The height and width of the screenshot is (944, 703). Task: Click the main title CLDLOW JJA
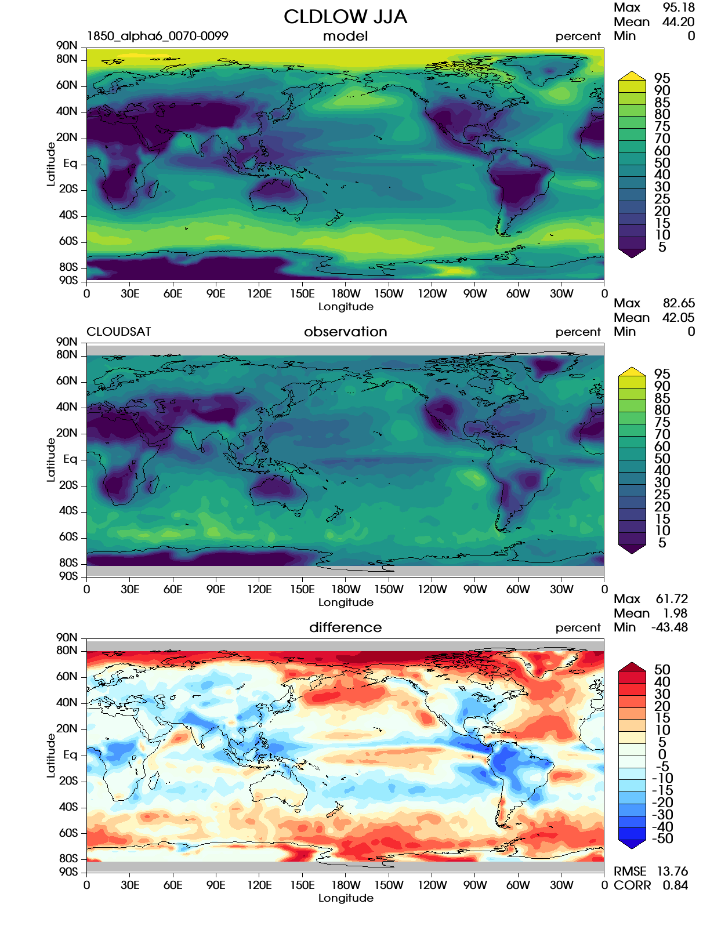tap(345, 17)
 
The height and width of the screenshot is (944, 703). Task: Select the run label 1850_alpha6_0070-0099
tap(157, 36)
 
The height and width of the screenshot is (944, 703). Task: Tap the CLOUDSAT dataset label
tap(119, 332)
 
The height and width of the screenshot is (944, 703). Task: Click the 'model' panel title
tap(345, 36)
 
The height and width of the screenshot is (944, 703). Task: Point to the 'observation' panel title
tap(345, 332)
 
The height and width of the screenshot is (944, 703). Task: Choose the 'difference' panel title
tap(345, 627)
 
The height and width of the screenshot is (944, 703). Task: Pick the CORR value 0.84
tap(675, 885)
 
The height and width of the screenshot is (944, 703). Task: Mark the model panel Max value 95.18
tap(678, 8)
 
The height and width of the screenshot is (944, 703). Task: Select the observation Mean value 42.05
tap(678, 318)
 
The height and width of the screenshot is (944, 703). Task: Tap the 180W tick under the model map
tap(346, 294)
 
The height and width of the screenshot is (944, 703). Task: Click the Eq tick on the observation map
tap(70, 459)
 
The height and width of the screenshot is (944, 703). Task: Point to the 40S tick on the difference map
tap(68, 807)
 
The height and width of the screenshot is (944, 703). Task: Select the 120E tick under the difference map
tap(259, 885)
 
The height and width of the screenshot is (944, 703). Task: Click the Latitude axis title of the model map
tap(51, 164)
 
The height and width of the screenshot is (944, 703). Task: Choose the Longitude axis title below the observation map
tap(346, 602)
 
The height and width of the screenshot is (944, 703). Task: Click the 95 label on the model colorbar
tap(662, 78)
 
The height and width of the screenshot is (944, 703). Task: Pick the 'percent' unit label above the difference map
tap(578, 627)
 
